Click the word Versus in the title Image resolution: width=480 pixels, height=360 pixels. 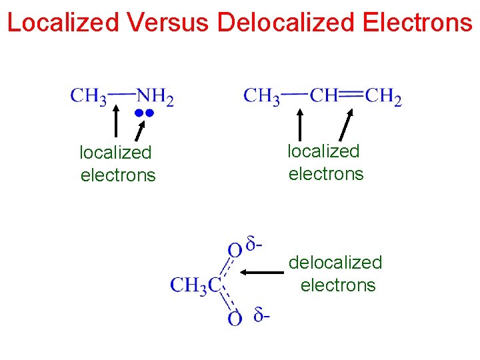coord(167,23)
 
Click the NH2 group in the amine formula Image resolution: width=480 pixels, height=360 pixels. coord(155,97)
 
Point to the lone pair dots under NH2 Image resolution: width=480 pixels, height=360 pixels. coord(145,113)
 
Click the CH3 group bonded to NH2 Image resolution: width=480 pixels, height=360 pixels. coord(89,97)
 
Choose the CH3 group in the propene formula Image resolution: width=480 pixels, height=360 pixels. coord(261,97)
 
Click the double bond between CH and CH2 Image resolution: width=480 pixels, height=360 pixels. coord(351,95)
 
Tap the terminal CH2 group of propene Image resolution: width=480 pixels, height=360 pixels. coord(383,97)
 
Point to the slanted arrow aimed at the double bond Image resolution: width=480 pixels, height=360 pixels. coord(347,125)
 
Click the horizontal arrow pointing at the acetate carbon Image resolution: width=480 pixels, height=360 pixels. coord(262,272)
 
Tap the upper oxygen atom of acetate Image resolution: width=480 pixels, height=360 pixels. coord(235,251)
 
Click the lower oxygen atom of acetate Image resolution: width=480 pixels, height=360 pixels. coord(235,319)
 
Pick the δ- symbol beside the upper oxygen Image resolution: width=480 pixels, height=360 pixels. coord(254,245)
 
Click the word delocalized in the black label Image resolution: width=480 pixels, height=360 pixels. coord(335,263)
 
